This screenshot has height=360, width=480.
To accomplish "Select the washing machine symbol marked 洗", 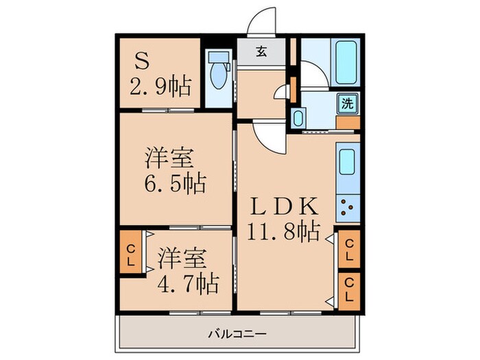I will click(348, 105).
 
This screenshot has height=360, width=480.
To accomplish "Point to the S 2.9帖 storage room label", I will click(160, 75).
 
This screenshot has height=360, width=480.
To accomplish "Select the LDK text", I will click(282, 207).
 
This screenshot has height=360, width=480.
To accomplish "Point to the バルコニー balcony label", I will click(237, 334).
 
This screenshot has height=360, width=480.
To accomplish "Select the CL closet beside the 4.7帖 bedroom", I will click(130, 254).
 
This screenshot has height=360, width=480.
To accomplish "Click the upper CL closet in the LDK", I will click(348, 249).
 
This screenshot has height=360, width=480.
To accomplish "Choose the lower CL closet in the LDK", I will click(348, 291).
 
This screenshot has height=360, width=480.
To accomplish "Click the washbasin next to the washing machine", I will click(297, 119).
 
